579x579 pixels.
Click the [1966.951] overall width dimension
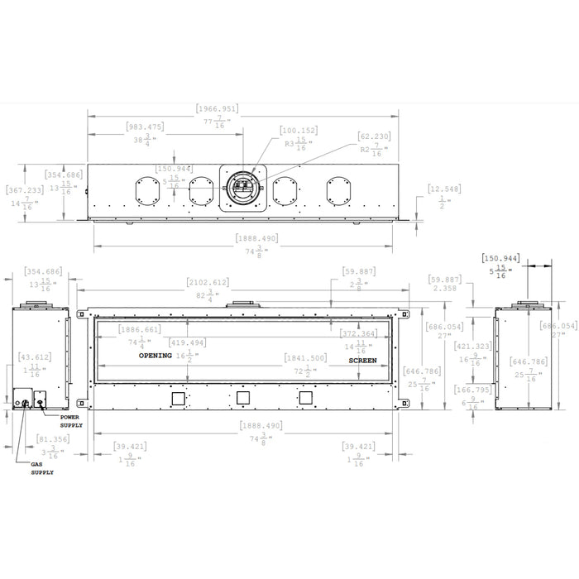click(x=218, y=108)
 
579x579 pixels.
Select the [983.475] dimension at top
click(x=146, y=127)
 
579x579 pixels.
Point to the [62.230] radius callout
click(x=374, y=136)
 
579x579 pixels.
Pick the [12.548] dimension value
click(x=445, y=190)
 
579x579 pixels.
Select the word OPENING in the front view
click(x=155, y=356)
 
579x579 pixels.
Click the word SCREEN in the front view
click(x=361, y=361)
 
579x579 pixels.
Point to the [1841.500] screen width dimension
click(x=305, y=358)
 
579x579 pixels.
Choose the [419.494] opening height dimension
click(x=187, y=342)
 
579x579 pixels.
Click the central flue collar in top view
click(x=245, y=188)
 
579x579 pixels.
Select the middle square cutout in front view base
click(x=244, y=399)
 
